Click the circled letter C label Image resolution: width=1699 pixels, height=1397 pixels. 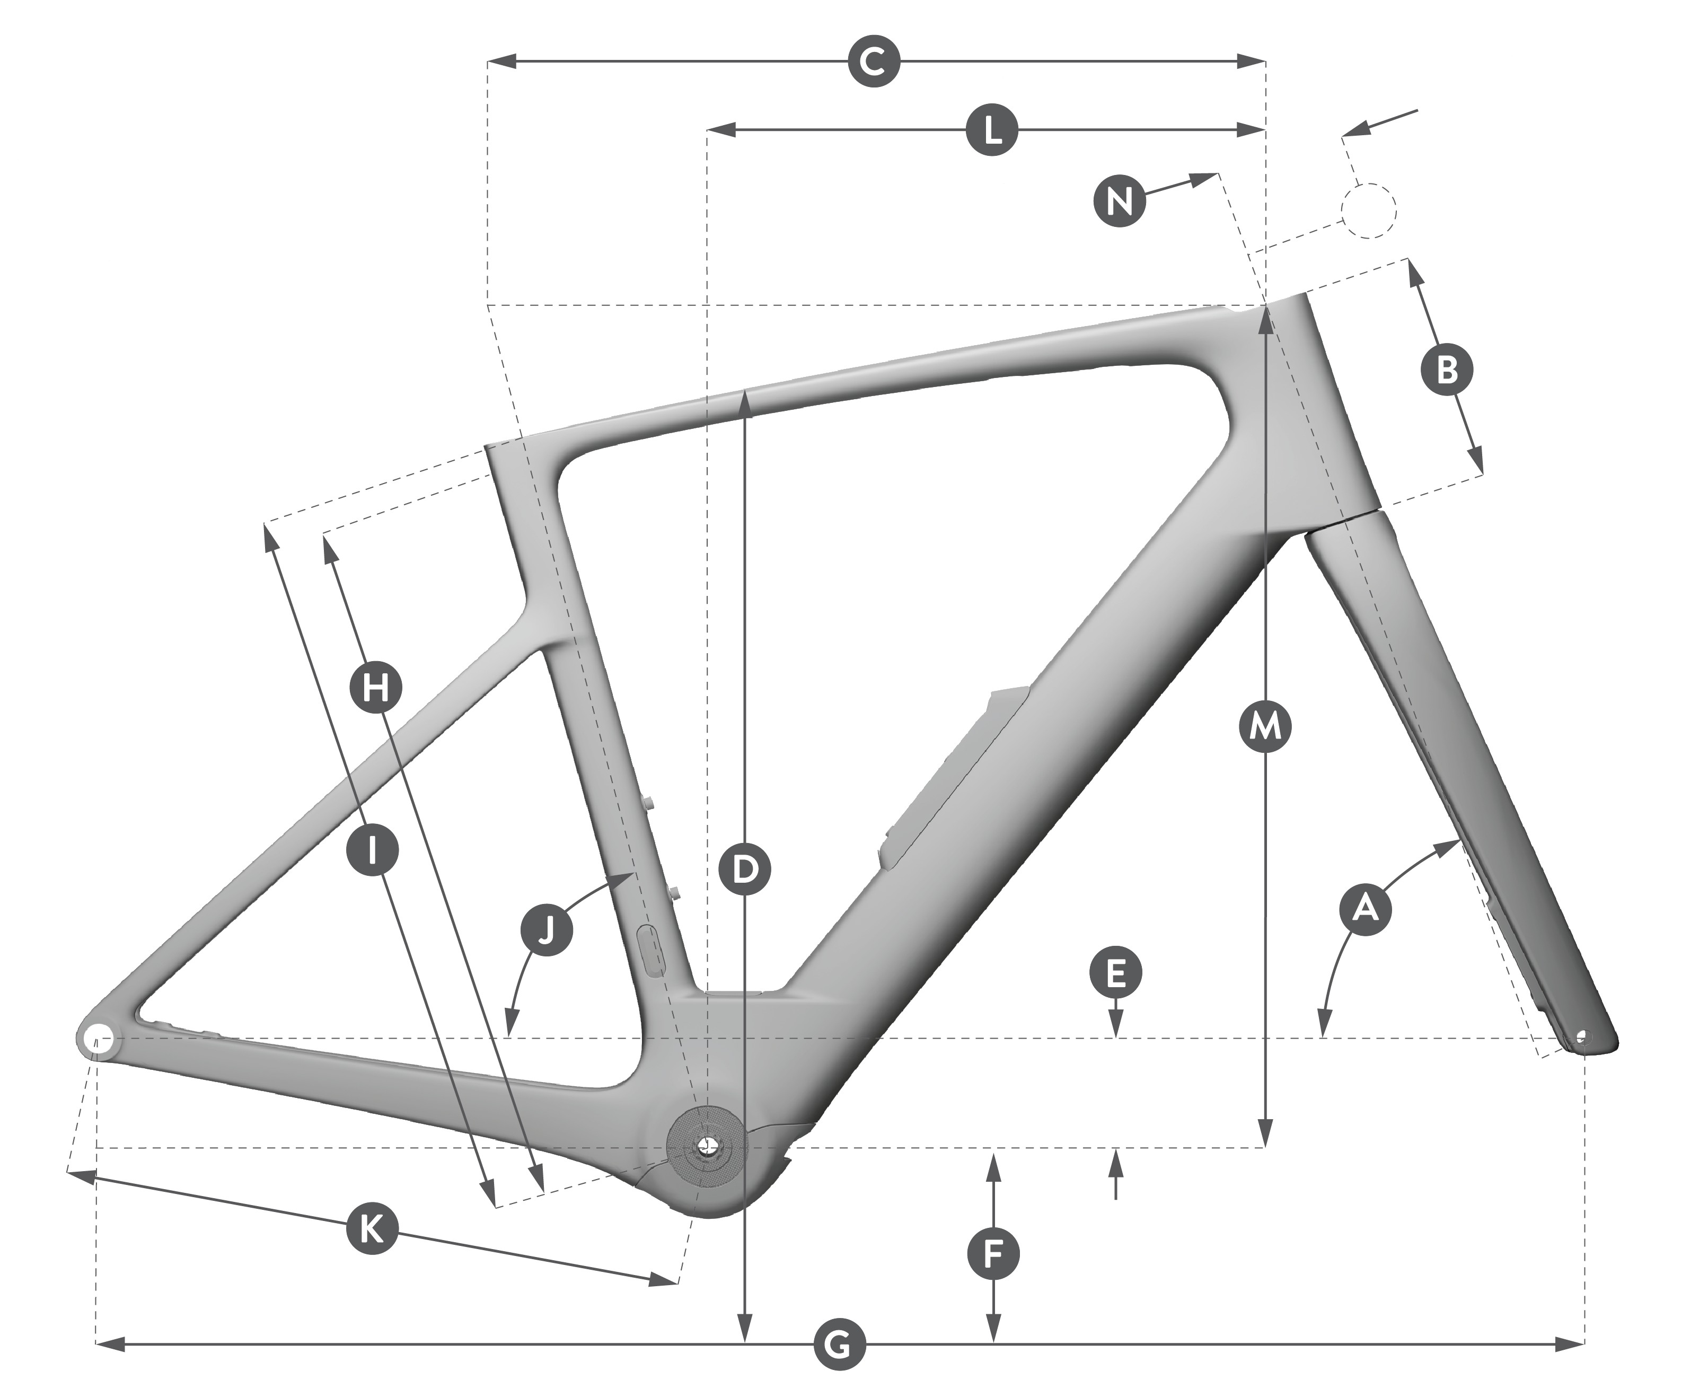click(874, 61)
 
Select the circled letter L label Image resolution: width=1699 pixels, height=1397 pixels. click(993, 129)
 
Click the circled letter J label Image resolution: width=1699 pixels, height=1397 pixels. click(546, 931)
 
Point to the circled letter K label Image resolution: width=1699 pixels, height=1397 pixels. click(371, 1229)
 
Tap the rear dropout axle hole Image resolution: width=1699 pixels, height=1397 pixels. click(96, 1038)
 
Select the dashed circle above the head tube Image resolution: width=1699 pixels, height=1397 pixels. click(1368, 210)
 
